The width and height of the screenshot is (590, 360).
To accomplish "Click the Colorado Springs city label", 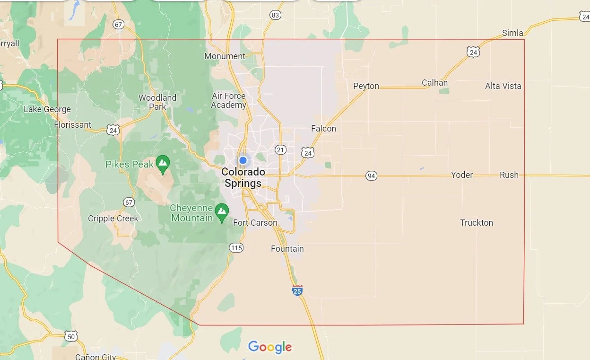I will point(243,177).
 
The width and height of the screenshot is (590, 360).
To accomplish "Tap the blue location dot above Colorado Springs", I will point(243,160).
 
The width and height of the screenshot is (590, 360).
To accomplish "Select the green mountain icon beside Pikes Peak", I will point(163,164).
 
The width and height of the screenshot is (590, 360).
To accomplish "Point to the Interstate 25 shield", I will point(297,290).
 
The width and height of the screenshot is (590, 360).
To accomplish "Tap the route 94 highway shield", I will point(371,176).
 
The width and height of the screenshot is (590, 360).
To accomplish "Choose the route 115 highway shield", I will point(236,247).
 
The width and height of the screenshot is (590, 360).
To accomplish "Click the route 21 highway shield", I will point(281,150).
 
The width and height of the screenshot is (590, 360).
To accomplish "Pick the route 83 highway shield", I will point(275,15).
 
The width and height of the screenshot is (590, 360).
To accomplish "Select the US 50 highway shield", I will point(71,336).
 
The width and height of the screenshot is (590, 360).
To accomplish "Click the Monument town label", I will point(225,56).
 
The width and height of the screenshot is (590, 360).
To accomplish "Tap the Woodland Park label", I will point(157,102).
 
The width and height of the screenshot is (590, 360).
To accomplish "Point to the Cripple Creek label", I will point(113,219).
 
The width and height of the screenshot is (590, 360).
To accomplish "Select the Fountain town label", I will point(287,249).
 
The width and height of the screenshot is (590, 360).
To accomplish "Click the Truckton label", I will point(477,223).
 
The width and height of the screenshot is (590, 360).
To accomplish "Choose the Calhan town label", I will point(434,83).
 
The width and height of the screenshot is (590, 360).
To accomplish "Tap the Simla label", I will point(512,33).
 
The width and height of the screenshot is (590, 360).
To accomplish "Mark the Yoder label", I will point(462,175).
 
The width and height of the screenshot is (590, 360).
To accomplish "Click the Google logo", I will point(270,347).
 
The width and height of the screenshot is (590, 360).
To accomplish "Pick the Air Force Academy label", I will point(229,101).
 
